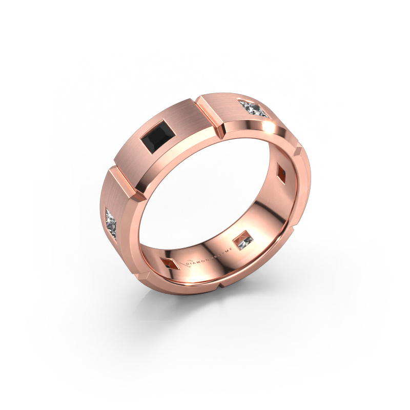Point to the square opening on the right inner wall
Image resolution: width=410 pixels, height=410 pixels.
click(x=280, y=171)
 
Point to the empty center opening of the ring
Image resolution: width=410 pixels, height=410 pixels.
click(x=215, y=195)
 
